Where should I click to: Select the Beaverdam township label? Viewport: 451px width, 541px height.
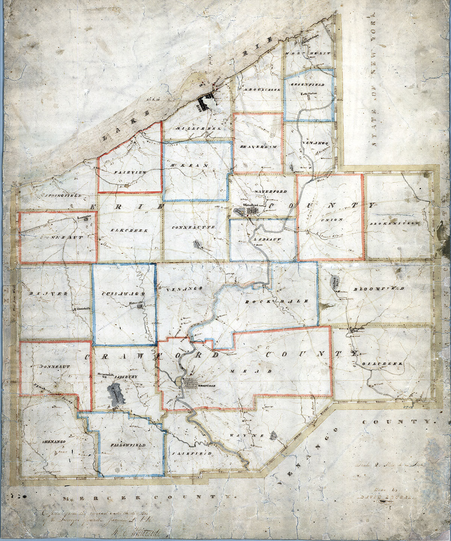click(258, 147)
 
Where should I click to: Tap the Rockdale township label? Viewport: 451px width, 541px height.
click(277, 301)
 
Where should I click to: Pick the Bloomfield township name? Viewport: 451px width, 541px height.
click(378, 289)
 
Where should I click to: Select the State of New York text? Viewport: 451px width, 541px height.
click(373, 79)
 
